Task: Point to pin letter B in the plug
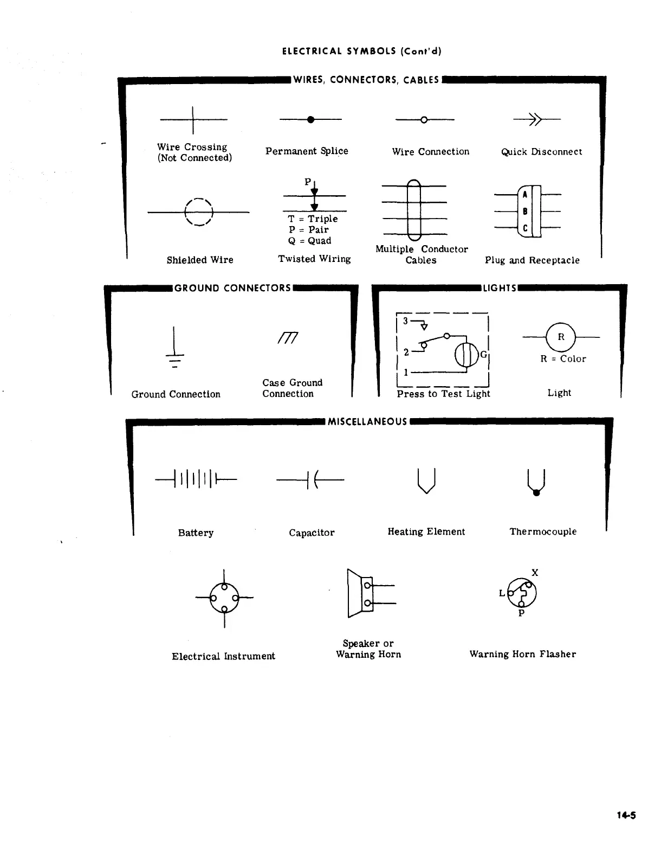[x=525, y=211]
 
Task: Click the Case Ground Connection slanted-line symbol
[x=288, y=338]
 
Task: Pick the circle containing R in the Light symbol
[x=561, y=337]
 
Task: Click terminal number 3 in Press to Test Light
[x=405, y=321]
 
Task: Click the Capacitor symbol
[x=310, y=479]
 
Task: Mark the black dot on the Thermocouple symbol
[x=536, y=493]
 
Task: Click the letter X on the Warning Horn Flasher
[x=535, y=573]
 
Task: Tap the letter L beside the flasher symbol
[x=502, y=593]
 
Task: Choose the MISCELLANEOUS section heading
[x=367, y=422]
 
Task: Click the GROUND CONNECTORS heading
[x=233, y=288]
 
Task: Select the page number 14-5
[x=626, y=815]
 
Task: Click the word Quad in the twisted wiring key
[x=320, y=241]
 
